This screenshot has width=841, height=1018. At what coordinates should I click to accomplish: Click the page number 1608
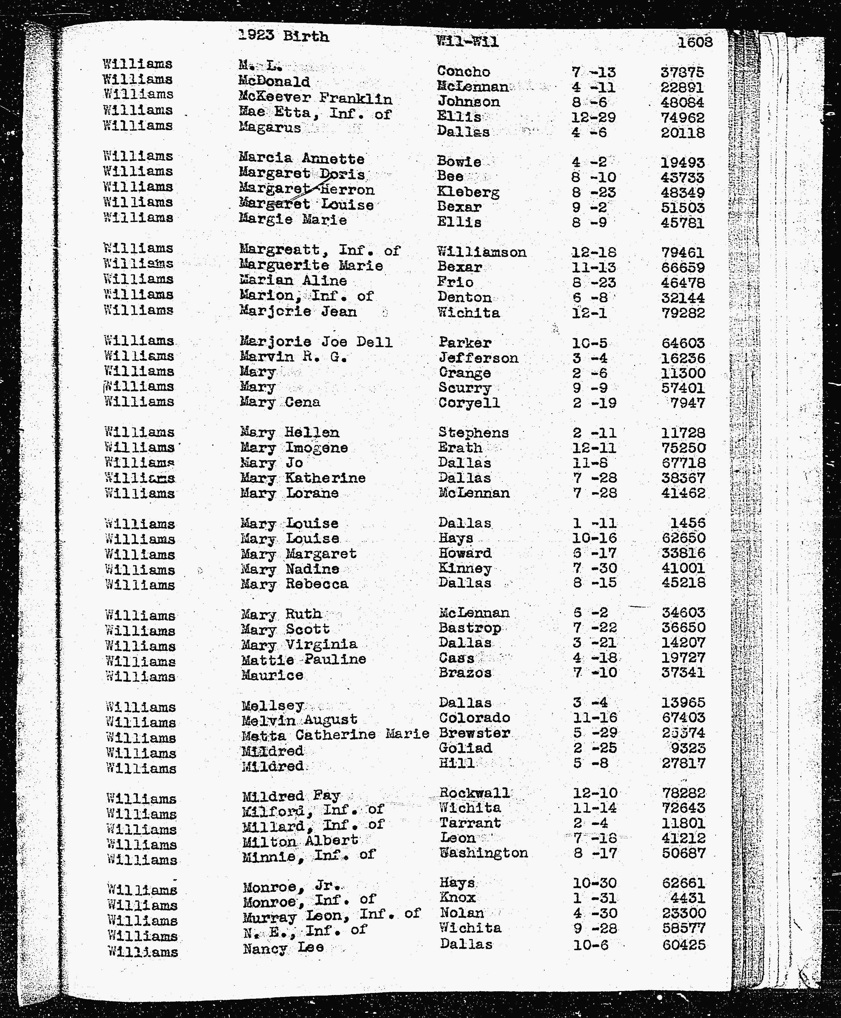click(x=695, y=42)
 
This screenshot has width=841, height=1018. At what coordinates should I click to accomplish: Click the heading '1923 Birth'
click(x=283, y=36)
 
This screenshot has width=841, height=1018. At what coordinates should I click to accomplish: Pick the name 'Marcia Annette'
click(x=301, y=158)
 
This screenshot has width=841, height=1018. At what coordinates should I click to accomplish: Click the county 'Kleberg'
click(x=468, y=192)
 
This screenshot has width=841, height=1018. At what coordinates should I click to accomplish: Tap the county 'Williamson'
click(x=481, y=252)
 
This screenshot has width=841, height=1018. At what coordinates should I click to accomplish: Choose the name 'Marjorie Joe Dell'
click(x=316, y=342)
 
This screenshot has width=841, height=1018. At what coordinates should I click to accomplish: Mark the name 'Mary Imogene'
click(x=294, y=448)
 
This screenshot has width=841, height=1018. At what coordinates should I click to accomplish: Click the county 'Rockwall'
click(x=474, y=793)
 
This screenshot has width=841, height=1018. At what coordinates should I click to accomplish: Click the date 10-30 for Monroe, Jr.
click(x=595, y=883)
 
